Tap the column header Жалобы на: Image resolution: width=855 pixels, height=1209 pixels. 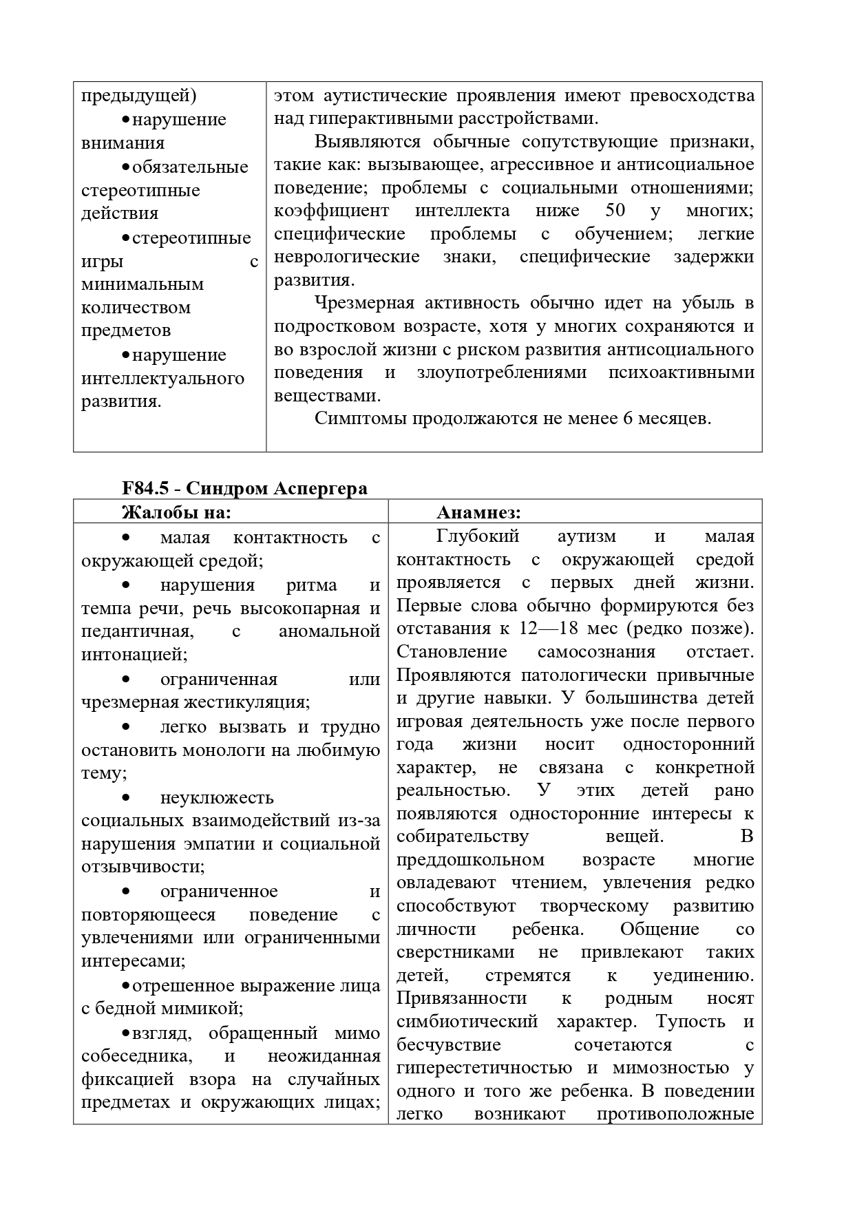176,512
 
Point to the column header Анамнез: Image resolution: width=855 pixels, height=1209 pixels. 478,512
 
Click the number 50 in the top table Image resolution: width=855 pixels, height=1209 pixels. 615,211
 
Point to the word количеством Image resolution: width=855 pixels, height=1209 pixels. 136,307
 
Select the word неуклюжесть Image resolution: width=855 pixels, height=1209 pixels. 217,797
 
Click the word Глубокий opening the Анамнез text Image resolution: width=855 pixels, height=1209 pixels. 478,536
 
